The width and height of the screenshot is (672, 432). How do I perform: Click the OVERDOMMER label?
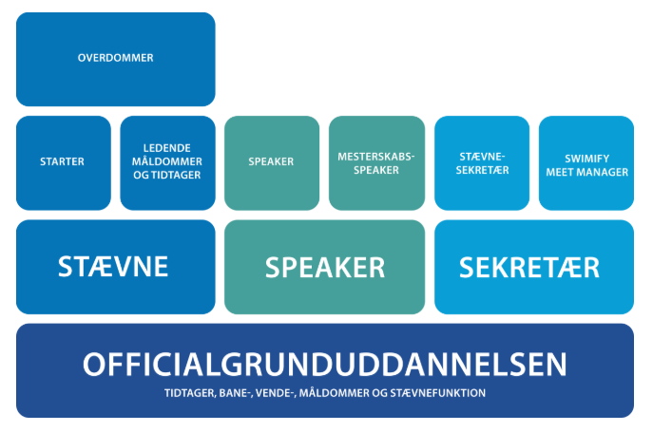tap(115, 58)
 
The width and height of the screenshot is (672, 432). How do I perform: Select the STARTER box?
tap(64, 162)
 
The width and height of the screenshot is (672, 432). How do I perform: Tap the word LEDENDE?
tap(166, 148)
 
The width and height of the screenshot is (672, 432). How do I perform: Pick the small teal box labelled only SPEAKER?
tap(272, 162)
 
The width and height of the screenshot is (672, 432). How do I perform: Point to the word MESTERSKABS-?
tap(376, 157)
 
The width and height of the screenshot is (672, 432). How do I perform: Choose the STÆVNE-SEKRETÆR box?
tap(482, 162)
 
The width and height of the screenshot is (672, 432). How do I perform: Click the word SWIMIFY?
tap(586, 159)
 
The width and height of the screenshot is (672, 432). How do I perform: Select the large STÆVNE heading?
tap(113, 266)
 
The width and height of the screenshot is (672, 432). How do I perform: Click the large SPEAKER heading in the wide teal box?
tap(325, 268)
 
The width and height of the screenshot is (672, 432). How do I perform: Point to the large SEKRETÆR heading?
tap(529, 268)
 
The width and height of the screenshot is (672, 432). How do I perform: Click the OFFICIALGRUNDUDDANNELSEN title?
tap(325, 365)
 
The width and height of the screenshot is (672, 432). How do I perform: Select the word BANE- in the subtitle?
tap(236, 393)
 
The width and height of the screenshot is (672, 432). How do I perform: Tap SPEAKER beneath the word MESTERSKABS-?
tap(376, 170)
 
